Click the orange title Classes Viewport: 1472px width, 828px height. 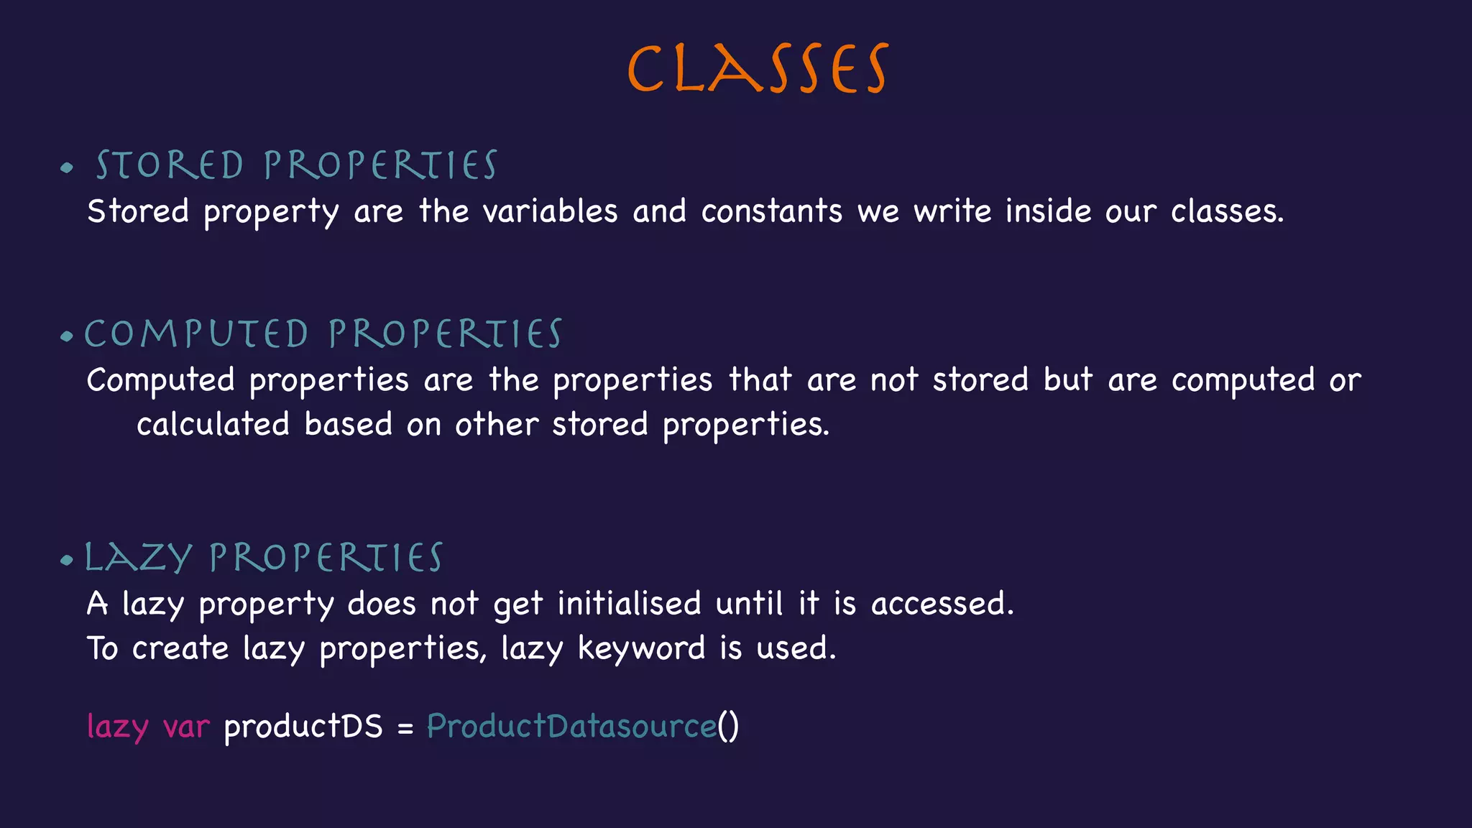pos(758,69)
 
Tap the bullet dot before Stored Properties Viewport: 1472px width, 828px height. pos(67,168)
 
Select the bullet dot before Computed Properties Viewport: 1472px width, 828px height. pos(67,336)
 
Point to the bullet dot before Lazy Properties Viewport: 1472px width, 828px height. pos(67,560)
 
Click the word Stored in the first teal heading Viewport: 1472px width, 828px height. pos(170,165)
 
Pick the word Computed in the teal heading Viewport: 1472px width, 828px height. pos(196,334)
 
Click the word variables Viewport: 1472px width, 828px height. pos(550,211)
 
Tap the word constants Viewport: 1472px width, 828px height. pos(771,211)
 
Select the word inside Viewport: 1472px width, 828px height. pos(1048,211)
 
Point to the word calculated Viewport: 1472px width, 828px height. pos(213,424)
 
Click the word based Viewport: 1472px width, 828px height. pos(348,424)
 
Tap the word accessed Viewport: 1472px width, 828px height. pos(942,603)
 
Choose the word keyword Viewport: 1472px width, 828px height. pos(641,648)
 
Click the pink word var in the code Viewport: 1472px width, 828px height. pos(186,727)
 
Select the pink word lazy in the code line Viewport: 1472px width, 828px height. pos(117,727)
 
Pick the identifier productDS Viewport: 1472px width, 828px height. pos(303,727)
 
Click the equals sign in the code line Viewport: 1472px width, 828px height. pos(405,728)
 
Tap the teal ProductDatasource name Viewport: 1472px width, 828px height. pos(571,726)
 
